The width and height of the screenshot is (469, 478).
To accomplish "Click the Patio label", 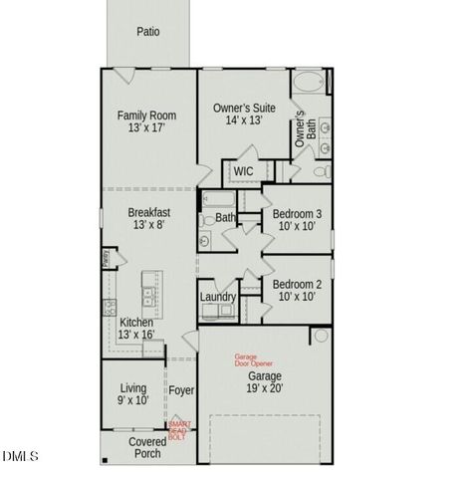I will tap(147, 31).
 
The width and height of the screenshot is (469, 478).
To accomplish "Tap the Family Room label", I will tap(147, 115).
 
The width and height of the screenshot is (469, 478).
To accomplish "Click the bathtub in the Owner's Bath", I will tap(309, 83).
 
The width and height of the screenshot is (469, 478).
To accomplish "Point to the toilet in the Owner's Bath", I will tap(321, 171).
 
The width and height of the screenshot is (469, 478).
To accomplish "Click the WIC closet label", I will tap(243, 171).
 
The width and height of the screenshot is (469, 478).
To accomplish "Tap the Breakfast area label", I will tap(148, 212).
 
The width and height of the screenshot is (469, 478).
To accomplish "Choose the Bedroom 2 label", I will tap(298, 284).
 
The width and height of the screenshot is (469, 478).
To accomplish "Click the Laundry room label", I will tap(218, 297).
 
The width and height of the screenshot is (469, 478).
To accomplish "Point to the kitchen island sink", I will tap(148, 295).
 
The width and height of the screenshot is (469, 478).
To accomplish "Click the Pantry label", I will tap(107, 259).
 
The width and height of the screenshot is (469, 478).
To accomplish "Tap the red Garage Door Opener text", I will tap(253, 360).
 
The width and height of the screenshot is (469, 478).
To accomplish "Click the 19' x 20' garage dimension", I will tap(265, 389).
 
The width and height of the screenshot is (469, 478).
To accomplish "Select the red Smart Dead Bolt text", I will tap(177, 430).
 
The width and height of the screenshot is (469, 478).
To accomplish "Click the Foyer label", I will tap(181, 390).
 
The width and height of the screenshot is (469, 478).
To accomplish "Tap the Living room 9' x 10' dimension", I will tap(134, 400).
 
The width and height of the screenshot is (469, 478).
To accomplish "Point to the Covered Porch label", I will tap(147, 447).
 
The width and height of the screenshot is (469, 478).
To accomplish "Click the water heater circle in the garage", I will tap(321, 336).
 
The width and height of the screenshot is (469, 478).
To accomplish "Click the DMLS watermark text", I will tap(21, 456).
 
